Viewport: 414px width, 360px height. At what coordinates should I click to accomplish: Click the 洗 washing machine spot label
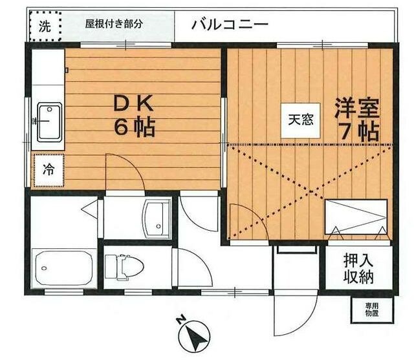pos(45,26)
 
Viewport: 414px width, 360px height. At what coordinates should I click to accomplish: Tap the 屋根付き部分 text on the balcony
pos(114,24)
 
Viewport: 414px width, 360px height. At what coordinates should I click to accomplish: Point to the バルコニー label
pos(230,25)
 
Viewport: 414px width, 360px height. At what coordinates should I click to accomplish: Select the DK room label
pos(134,103)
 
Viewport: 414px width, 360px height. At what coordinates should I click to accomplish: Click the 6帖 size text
pos(135,127)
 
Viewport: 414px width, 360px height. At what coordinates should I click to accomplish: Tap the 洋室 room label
pos(357,108)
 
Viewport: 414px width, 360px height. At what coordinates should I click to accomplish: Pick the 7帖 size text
pos(360,131)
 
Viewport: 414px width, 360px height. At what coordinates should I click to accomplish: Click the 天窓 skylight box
pos(300,120)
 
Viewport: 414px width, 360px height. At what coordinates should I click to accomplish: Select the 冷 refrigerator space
pos(49,170)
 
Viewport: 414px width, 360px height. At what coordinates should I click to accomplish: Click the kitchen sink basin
pos(50,122)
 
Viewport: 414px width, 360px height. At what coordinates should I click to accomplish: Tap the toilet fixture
pos(124,267)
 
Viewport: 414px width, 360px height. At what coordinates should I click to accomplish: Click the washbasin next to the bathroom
pos(157,218)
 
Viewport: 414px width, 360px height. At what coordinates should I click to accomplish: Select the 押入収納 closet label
pos(358,268)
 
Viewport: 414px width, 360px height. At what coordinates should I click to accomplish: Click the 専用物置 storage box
pos(372,310)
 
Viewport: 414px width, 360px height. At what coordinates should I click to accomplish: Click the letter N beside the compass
pos(180,319)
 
